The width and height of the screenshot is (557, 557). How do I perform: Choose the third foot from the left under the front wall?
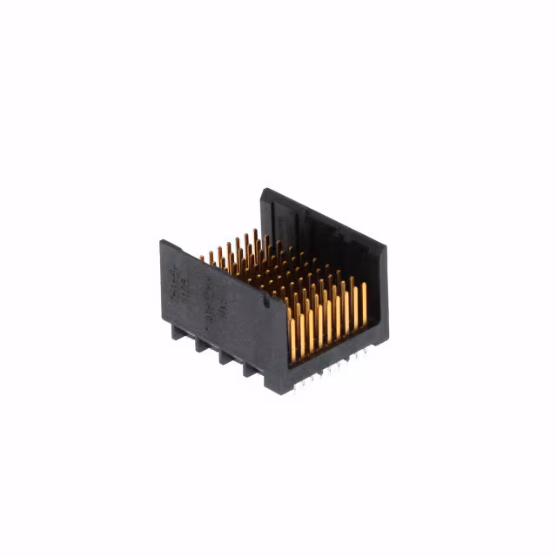coord(226,360)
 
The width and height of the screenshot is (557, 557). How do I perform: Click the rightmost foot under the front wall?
coord(251,372)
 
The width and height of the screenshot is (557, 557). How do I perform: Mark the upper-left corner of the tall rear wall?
coord(262,191)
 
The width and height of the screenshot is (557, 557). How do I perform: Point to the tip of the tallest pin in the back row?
coord(254,232)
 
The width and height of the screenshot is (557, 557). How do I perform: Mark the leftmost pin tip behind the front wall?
coord(202,258)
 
